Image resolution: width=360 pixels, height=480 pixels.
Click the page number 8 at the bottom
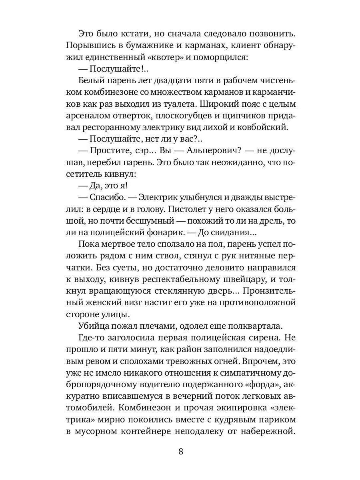point(180,452)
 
